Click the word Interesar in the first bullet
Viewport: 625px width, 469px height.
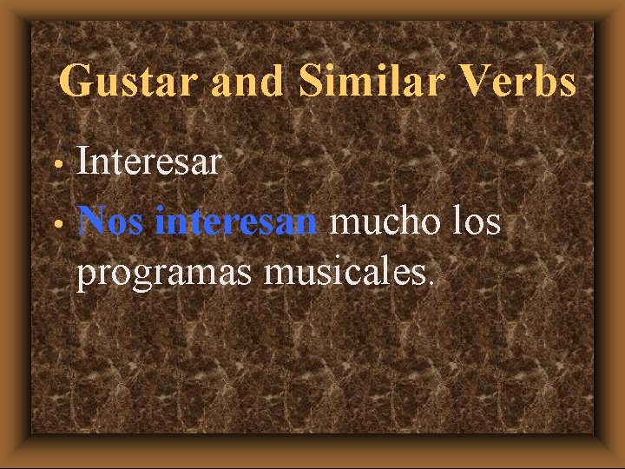[x=148, y=162]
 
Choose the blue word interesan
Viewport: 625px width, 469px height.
[x=235, y=221]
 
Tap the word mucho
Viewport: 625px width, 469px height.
[x=385, y=221]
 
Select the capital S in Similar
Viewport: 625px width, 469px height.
[x=311, y=83]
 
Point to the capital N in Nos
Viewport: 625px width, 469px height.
[x=92, y=221]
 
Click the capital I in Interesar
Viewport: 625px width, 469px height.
[x=83, y=162]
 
